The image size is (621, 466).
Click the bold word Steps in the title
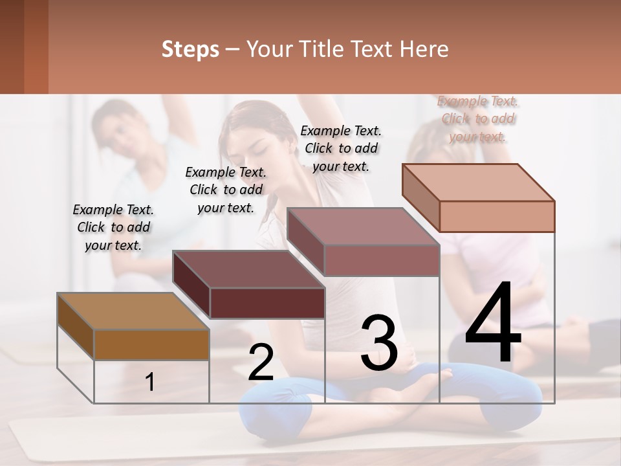190,49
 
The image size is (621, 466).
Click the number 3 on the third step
379,343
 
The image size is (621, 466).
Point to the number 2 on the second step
261,362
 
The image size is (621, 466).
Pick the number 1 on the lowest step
150,382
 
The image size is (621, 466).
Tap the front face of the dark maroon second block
267,303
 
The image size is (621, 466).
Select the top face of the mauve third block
362,227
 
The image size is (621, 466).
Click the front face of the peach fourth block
496,216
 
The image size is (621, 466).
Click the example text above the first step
113,227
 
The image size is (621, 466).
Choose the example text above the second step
226,190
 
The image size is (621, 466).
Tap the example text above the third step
341,148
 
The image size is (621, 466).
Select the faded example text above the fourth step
477,118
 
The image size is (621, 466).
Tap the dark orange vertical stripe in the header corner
36,47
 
